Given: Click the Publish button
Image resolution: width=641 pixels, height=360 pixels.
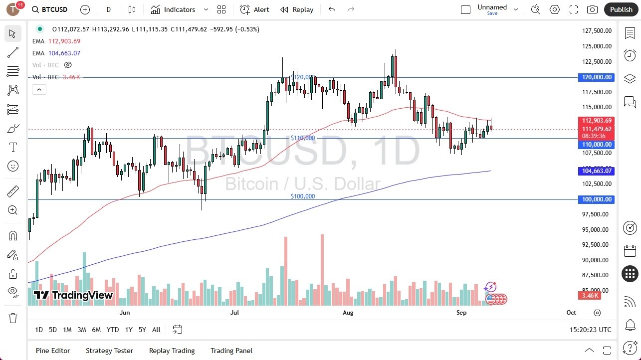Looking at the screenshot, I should click(621, 9).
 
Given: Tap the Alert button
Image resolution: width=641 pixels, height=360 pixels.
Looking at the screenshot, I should click(254, 9).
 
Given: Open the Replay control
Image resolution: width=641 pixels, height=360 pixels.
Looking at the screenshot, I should click(297, 9).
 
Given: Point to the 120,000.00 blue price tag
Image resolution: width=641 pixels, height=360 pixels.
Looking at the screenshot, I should click(596, 77).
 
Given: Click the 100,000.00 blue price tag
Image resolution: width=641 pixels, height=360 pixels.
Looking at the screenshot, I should click(596, 199).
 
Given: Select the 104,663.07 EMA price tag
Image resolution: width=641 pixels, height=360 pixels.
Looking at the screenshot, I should click(596, 171).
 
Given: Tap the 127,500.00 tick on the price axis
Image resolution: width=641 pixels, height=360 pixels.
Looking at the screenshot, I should click(597, 31).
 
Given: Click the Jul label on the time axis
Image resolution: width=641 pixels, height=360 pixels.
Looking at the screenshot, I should click(234, 313).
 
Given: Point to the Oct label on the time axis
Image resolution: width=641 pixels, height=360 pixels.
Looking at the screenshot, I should click(571, 313).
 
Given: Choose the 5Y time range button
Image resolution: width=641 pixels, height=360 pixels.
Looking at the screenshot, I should click(142, 330).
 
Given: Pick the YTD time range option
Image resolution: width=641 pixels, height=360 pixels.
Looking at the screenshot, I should click(113, 330).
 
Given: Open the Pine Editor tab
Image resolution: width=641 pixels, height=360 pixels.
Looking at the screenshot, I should click(53, 351).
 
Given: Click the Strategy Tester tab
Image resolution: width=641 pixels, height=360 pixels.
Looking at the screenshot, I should click(109, 351).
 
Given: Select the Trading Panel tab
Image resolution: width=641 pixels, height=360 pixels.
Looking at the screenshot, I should click(231, 351).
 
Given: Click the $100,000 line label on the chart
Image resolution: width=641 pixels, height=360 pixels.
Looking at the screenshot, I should click(303, 196).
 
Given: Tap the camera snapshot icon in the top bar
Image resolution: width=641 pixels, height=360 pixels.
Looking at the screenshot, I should click(592, 9).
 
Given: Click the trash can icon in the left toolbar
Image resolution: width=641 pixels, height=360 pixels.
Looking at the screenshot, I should click(13, 318).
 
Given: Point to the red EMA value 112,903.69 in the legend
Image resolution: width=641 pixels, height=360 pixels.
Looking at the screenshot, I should click(64, 41).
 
